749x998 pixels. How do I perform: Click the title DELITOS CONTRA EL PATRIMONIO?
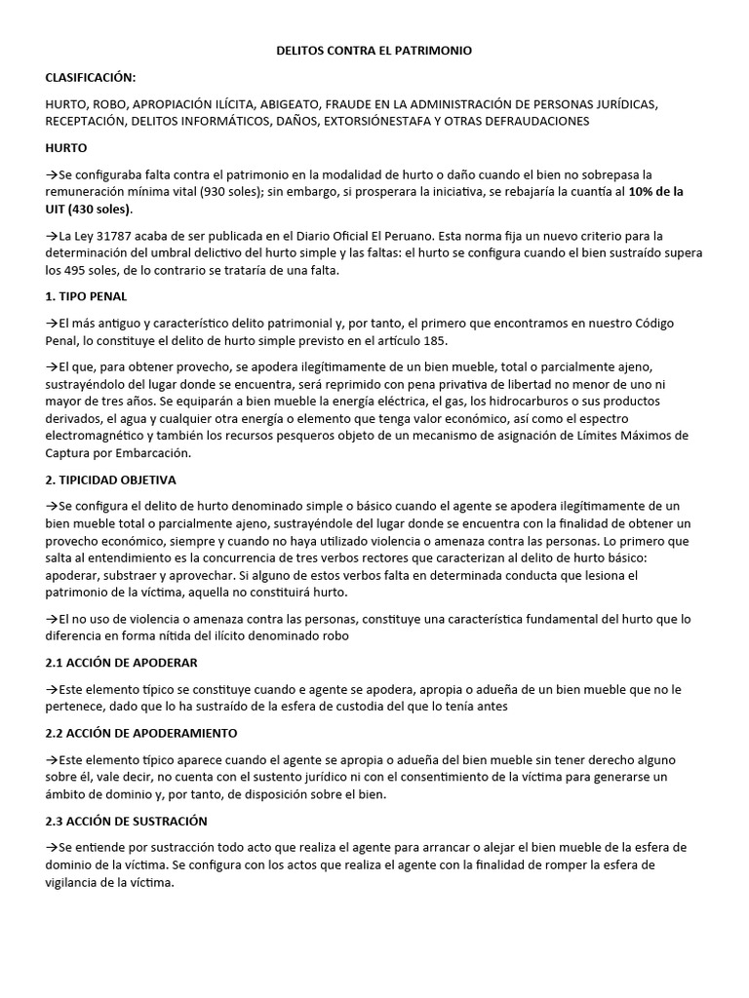coord(374,51)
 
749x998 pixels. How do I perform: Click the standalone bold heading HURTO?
coord(66,148)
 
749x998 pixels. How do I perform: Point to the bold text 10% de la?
coord(656,192)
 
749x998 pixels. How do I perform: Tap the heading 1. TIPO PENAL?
coord(86,296)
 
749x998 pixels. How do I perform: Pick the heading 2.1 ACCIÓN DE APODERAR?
coord(122,663)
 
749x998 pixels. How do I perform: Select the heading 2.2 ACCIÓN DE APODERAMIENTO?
coord(140,732)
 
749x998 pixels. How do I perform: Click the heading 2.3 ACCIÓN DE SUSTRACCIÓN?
coord(126,821)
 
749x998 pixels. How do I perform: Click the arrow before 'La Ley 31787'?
coord(52,237)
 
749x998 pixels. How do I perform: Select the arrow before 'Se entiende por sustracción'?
coord(52,847)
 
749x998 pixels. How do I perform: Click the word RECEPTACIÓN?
coord(83,121)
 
